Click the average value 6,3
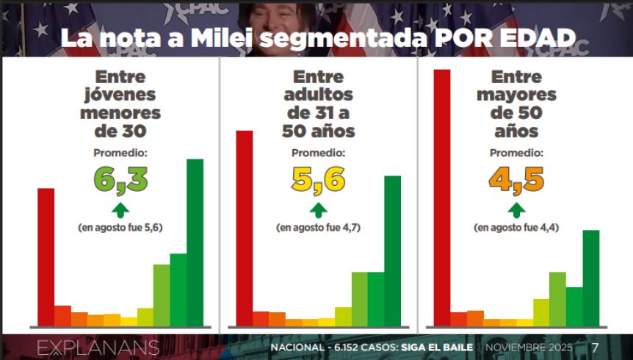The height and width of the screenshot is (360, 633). coord(120,179)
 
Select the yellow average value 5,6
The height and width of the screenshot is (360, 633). coord(318,179)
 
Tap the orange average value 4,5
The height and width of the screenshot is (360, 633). coord(516,179)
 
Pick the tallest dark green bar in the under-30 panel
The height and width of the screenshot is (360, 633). coord(195,242)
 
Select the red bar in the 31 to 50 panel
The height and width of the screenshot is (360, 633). coord(244,228)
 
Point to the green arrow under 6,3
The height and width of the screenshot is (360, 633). coord(120,209)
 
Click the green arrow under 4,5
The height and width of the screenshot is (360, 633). coord(516,209)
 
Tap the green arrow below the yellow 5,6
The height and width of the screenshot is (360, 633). coord(318,209)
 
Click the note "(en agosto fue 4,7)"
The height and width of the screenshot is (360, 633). coord(318,228)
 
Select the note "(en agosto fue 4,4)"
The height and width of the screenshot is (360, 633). coord(516,228)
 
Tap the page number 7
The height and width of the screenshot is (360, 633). coord(595,347)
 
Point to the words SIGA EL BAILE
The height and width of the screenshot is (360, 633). coord(440,347)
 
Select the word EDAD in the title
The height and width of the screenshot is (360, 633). coord(535,39)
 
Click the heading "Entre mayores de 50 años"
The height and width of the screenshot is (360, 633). coord(516,104)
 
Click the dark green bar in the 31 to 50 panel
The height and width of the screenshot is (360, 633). coord(393,251)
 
